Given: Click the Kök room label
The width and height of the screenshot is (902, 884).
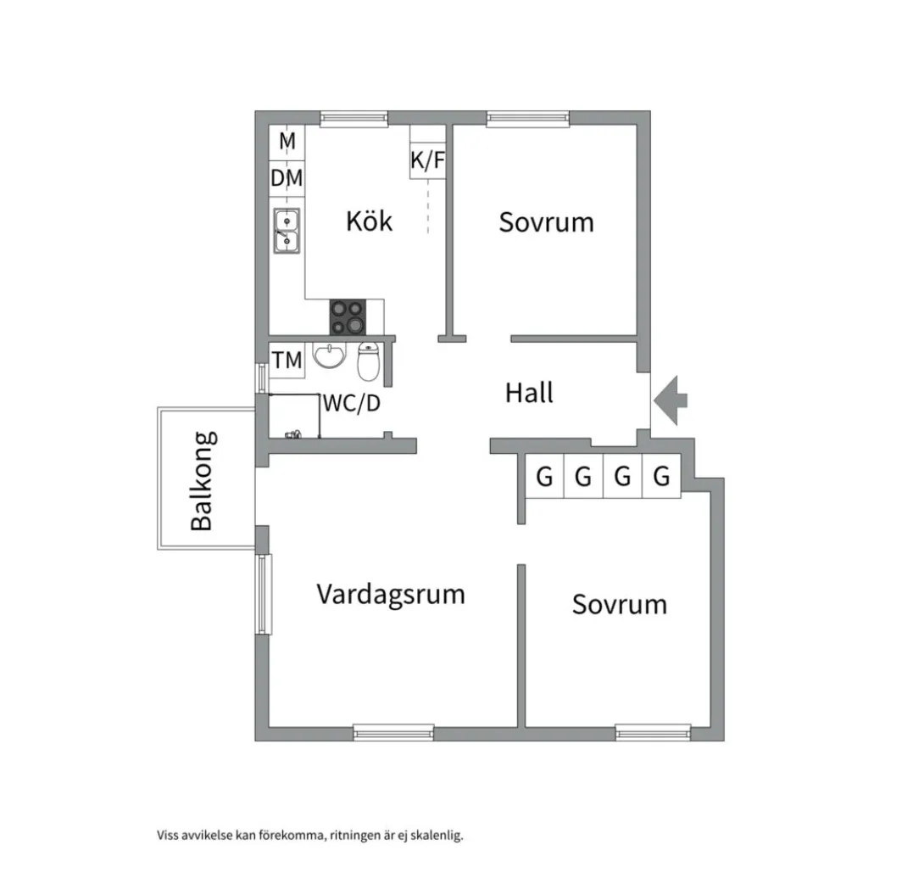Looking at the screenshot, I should click(370, 221).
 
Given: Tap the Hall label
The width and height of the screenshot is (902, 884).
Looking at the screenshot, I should click(529, 393).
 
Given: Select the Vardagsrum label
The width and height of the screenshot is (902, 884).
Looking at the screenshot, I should click(391, 593).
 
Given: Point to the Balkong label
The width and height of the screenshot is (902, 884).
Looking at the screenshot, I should click(202, 480).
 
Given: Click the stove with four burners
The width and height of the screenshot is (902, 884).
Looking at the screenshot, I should click(348, 317).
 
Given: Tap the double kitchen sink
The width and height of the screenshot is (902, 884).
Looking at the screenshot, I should click(287, 231).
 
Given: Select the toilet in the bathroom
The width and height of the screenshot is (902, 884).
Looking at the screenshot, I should click(369, 362).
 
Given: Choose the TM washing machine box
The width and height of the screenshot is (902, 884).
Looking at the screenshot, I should click(287, 361).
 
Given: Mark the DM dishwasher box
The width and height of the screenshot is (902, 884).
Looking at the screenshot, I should click(287, 178).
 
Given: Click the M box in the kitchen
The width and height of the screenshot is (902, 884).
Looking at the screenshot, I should click(287, 141).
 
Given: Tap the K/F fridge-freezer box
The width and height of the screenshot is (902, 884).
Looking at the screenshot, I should click(427, 160).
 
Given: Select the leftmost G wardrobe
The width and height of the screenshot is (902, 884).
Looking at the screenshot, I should click(544, 477).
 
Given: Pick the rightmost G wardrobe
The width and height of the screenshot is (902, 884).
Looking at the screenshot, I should click(661, 477).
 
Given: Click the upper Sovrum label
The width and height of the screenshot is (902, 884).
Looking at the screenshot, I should click(546, 222).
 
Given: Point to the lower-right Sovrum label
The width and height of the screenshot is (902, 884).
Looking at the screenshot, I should click(619, 604).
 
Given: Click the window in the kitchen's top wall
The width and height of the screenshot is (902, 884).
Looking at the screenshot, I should click(354, 118).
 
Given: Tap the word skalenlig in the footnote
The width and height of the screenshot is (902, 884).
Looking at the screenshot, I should click(437, 836).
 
